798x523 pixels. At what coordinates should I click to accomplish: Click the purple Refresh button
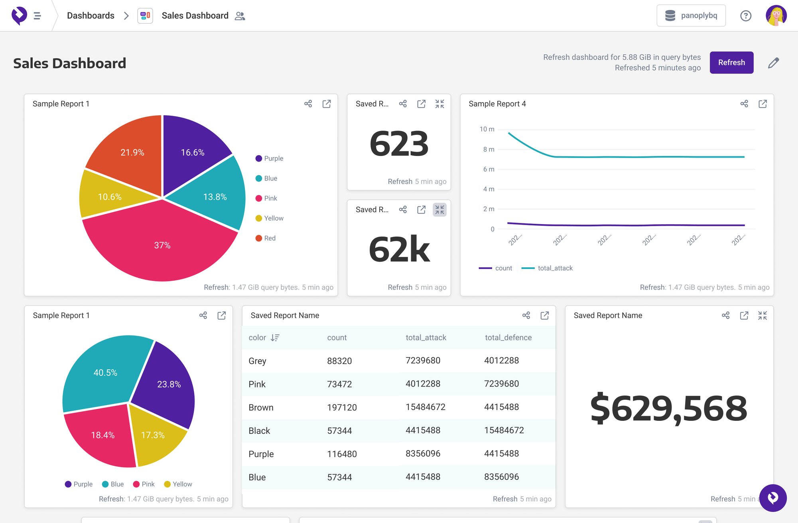tap(731, 63)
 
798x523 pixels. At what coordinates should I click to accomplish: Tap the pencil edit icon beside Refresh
tap(773, 63)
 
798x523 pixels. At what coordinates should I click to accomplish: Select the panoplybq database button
tap(691, 16)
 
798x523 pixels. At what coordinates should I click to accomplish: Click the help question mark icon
tap(745, 16)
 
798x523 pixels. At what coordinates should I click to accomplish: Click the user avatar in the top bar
tap(776, 16)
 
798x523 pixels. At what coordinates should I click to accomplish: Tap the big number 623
tap(398, 144)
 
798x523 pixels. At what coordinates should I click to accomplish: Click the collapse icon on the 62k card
tap(439, 210)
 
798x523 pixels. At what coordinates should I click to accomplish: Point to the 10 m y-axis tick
tap(487, 129)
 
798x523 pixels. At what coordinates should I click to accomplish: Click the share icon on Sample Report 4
tap(744, 104)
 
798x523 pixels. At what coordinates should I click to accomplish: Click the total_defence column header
tap(508, 337)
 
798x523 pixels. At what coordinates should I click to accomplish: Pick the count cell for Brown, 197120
tap(342, 407)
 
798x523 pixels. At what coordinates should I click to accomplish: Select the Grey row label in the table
tap(257, 361)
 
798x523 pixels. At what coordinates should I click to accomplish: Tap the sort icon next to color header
tap(275, 337)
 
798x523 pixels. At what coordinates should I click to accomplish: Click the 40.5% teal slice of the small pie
tap(105, 372)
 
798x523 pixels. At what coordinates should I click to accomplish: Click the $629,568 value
tap(668, 408)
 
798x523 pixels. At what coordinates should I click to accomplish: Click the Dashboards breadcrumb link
tap(91, 16)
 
